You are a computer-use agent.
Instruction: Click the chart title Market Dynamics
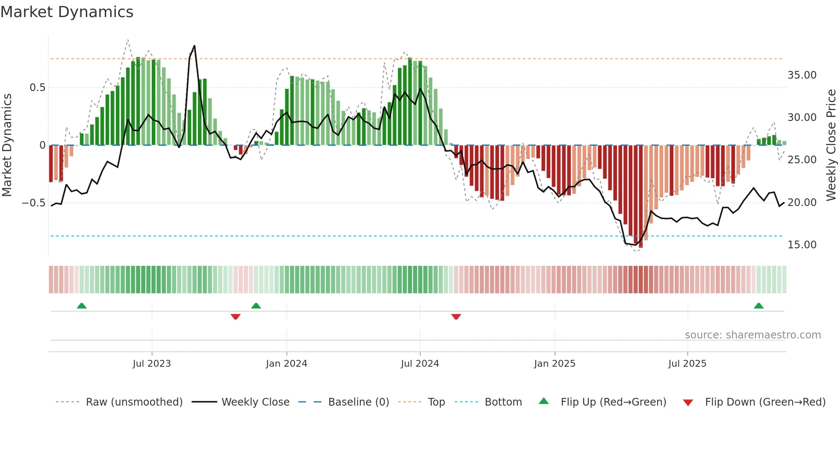click(x=67, y=12)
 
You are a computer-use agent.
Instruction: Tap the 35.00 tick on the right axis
click(x=802, y=75)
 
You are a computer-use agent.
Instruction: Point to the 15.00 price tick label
click(x=802, y=245)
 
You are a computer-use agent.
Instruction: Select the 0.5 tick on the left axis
click(x=37, y=88)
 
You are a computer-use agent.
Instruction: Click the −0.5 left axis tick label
click(x=34, y=203)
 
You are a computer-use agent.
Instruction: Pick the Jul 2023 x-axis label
click(x=152, y=364)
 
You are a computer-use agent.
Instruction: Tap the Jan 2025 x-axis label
click(x=555, y=364)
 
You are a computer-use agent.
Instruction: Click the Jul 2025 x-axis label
click(x=687, y=364)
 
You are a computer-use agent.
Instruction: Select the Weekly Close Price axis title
click(x=831, y=145)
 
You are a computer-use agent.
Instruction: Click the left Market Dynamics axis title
click(x=7, y=145)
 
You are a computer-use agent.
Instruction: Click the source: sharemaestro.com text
click(x=752, y=335)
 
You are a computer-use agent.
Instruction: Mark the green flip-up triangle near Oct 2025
click(x=758, y=306)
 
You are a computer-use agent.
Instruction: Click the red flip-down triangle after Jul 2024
click(x=456, y=317)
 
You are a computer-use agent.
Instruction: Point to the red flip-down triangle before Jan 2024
click(x=236, y=317)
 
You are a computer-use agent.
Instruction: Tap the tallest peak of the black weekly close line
click(x=195, y=46)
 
